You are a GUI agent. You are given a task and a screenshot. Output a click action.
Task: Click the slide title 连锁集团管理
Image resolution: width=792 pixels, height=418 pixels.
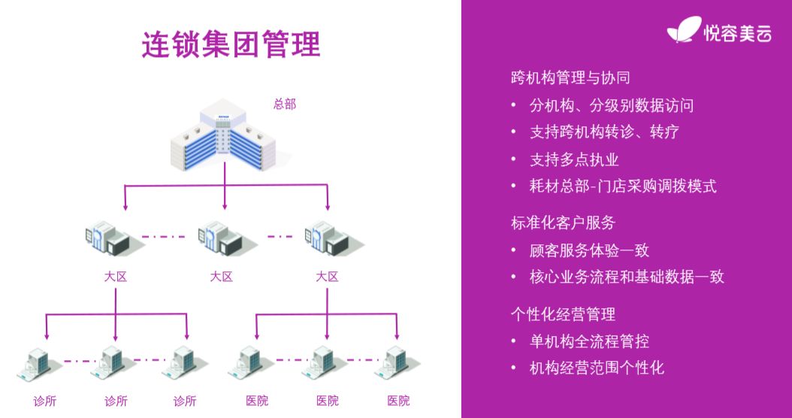[x=231, y=44]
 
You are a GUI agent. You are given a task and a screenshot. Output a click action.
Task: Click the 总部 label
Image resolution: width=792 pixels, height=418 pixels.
[x=285, y=104]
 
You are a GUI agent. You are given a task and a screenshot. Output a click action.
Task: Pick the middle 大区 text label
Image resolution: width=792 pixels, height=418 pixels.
[x=222, y=277]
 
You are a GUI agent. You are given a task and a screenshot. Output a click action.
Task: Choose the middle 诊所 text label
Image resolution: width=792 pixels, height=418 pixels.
[x=116, y=401]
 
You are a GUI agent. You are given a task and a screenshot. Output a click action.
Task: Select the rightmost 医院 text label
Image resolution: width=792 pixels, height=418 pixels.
[x=399, y=401]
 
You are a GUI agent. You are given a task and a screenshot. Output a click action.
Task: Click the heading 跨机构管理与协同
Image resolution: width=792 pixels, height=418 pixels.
[x=570, y=77]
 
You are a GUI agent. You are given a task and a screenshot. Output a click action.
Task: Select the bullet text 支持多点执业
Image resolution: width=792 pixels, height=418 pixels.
[x=574, y=159]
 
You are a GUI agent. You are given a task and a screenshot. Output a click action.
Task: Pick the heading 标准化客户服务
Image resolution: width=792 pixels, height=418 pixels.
[x=563, y=223]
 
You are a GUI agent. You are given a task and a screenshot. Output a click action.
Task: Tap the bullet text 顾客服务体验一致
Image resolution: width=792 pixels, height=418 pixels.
[x=589, y=250]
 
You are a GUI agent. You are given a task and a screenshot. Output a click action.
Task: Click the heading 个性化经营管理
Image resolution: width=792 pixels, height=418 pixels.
[x=563, y=314]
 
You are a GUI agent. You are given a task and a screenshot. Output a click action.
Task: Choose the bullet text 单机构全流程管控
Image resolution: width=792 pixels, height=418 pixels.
[x=589, y=341]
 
